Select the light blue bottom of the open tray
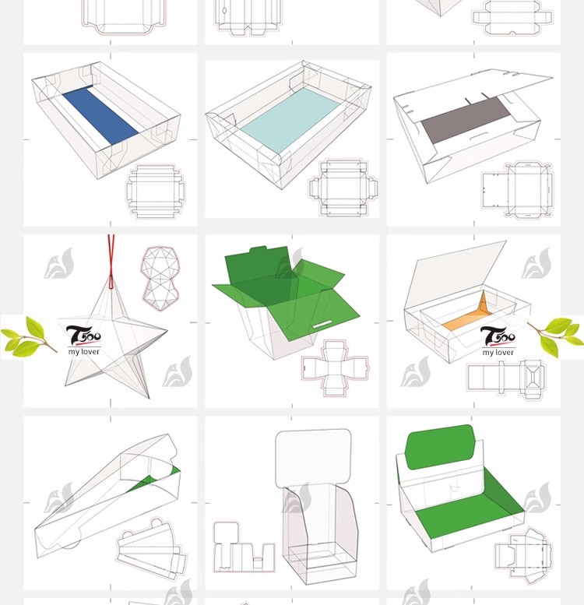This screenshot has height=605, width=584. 290,119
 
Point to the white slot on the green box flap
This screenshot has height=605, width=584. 322,324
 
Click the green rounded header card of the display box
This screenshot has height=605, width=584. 440,447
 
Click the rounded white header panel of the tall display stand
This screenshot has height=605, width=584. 313,459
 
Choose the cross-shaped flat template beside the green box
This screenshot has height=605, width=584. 335,368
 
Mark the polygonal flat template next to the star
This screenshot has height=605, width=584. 160,278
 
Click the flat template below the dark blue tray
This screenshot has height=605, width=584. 155,191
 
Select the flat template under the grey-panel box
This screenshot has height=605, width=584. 517,189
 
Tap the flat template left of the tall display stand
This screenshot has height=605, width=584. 245,547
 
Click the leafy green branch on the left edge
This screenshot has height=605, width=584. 28,336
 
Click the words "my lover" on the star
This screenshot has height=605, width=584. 83,351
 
